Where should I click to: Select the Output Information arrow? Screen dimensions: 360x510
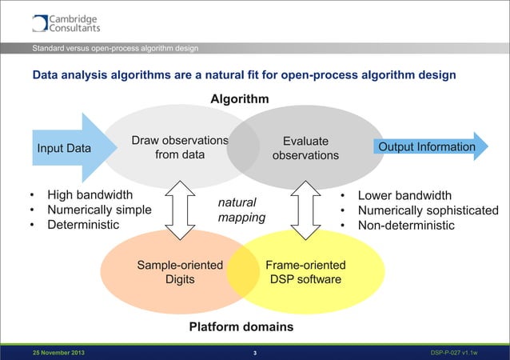[x=426, y=147]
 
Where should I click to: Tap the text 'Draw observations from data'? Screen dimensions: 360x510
[x=180, y=148]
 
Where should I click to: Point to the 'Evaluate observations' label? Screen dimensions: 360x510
[x=305, y=148]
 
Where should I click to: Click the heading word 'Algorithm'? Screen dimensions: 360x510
[x=239, y=98]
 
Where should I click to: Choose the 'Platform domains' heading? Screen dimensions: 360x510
[x=241, y=327]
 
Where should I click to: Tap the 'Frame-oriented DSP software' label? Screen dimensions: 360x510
[x=305, y=272]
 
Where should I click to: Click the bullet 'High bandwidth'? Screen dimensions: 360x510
[x=90, y=195]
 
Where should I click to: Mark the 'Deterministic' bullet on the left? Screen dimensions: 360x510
[x=83, y=226]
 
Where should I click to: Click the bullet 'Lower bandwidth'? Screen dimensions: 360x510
[x=404, y=195]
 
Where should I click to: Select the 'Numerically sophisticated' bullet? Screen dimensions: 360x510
[x=428, y=210]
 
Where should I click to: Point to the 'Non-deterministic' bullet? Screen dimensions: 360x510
[x=406, y=226]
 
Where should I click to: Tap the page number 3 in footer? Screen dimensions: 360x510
[x=254, y=353]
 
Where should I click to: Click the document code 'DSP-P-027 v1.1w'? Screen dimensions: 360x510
[x=453, y=353]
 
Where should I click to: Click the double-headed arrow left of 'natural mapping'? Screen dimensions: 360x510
[x=185, y=210]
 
